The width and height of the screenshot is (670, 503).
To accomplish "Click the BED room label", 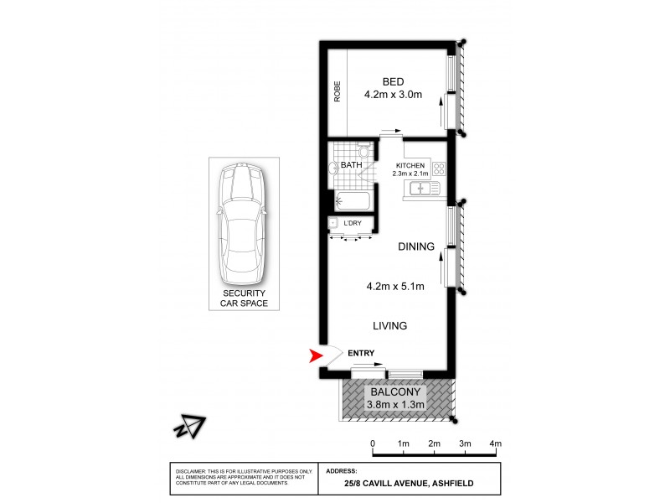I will click(393, 81).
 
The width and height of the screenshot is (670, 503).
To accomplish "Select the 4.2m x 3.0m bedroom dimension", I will click(393, 96).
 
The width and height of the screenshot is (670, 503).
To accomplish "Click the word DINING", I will click(416, 246).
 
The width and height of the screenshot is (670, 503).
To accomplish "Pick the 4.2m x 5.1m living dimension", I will click(395, 286).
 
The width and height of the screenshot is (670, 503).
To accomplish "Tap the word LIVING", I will click(390, 325).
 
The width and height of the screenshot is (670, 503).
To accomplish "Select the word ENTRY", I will click(360, 353).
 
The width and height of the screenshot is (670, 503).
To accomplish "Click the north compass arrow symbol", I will click(189, 426).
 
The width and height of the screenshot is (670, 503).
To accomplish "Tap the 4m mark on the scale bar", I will click(496, 443).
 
